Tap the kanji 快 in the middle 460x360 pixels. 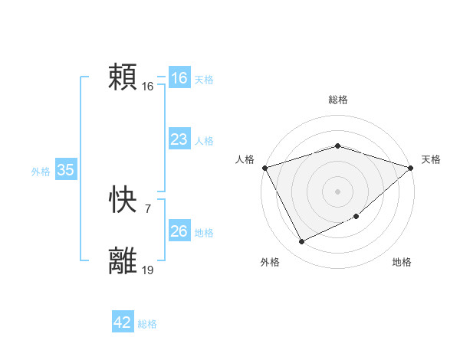(123, 201)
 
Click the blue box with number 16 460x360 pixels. (179, 78)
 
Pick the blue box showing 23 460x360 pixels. (179, 139)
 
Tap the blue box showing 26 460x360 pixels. (179, 231)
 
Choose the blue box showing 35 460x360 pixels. (66, 170)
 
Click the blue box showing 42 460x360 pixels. (123, 322)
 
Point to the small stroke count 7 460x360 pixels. (147, 208)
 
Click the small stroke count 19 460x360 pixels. (147, 270)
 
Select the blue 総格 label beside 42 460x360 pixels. (147, 324)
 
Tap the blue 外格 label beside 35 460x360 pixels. (41, 172)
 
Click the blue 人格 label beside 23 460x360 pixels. (204, 141)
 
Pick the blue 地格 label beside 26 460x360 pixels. (204, 233)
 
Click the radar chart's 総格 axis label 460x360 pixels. (337, 100)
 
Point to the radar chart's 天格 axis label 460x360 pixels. (431, 159)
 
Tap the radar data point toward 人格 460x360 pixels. (264, 168)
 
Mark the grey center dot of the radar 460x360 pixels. (337, 191)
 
